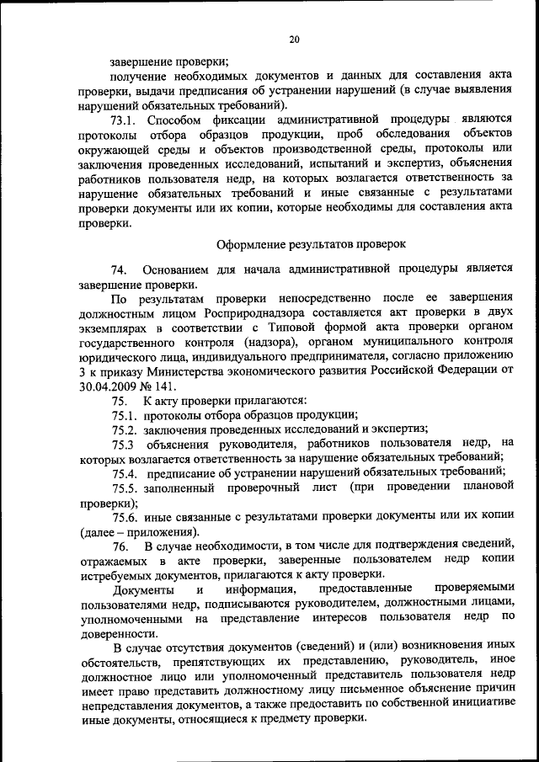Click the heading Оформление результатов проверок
coord(312,245)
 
